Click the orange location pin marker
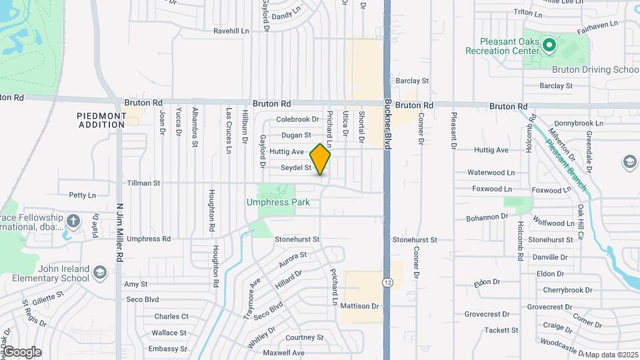[x=320, y=159]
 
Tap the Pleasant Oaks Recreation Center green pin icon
[x=549, y=45]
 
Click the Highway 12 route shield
[x=387, y=283]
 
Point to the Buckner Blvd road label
[x=387, y=124]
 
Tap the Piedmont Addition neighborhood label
[x=101, y=120]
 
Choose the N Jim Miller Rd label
[x=119, y=232]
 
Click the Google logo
[x=21, y=352]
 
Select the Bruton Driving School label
[x=586, y=69]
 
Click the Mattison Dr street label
[x=359, y=306]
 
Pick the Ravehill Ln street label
[x=231, y=31]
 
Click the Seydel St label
[x=296, y=168]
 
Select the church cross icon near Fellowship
[x=73, y=219]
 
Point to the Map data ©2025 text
[x=611, y=355]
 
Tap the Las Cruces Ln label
[x=228, y=131]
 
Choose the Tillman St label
[x=143, y=182]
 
